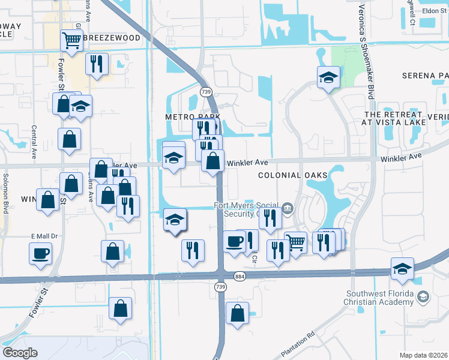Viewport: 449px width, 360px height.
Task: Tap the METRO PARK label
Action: [x=194, y=116]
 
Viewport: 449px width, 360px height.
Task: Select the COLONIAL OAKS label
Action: [x=293, y=175]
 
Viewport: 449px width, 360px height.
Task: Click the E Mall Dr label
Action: [x=44, y=236]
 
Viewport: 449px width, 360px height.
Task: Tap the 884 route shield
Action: [x=240, y=276]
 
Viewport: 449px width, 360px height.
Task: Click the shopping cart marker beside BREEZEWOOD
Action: [x=71, y=41]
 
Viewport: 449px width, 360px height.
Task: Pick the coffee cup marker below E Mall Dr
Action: [x=40, y=253]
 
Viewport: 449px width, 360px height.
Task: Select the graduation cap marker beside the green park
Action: [x=328, y=77]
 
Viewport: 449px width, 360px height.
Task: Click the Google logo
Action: [x=20, y=352]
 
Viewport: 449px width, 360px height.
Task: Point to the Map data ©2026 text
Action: [x=423, y=355]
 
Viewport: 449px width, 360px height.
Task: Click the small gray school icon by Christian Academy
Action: [x=423, y=297]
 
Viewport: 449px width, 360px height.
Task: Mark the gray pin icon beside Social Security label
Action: [x=288, y=208]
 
